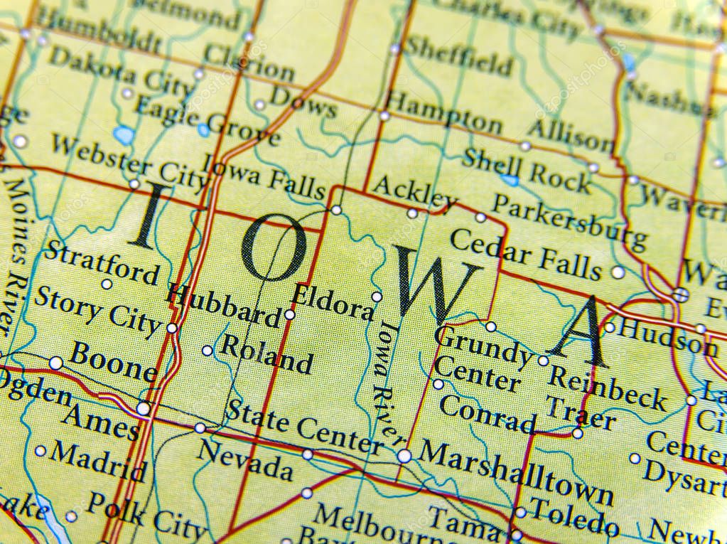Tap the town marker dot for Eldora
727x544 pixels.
pyautogui.click(x=377, y=297)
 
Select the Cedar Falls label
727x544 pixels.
pyautogui.click(x=525, y=255)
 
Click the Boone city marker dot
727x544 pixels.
pyautogui.click(x=56, y=363)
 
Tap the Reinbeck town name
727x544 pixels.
pyautogui.click(x=608, y=388)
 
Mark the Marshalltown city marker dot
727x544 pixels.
pyautogui.click(x=404, y=456)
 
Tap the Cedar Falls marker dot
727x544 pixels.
pyautogui.click(x=618, y=272)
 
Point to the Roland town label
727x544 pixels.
pyautogui.click(x=266, y=353)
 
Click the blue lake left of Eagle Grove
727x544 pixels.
pyautogui.click(x=124, y=134)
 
